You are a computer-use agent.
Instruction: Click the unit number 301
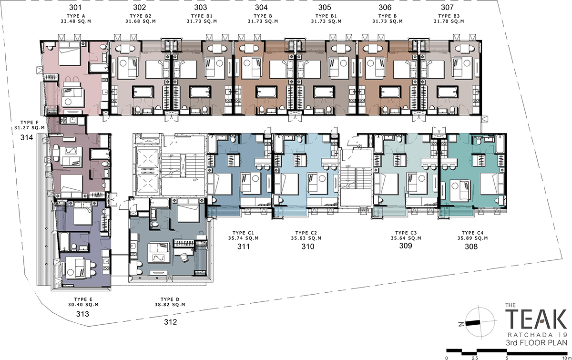coord(75,8)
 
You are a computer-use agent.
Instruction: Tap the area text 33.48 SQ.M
coord(76,21)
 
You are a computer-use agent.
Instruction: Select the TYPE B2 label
coord(141,16)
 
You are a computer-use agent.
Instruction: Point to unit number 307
coord(448,8)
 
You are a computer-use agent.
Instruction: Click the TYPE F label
coord(30,123)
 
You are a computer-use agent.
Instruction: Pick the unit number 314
coord(27,137)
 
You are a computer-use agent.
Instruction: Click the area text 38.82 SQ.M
coord(170,305)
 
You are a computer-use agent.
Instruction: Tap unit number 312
coord(170,322)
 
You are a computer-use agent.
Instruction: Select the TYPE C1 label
coord(244,233)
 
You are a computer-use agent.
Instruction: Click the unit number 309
coord(406,246)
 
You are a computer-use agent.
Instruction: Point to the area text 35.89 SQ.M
coord(472,238)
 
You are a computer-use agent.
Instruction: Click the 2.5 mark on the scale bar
coord(475,358)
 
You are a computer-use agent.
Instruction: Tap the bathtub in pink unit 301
coord(99,68)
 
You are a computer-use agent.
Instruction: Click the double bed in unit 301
coord(70,54)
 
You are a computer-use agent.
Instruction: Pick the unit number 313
coord(83,314)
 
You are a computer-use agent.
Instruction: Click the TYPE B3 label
coord(449,16)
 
